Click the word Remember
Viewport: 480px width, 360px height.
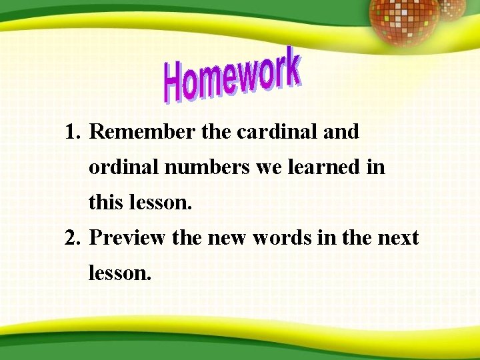[142, 132]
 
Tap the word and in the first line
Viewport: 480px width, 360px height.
[341, 132]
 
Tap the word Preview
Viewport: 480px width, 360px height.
[127, 238]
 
